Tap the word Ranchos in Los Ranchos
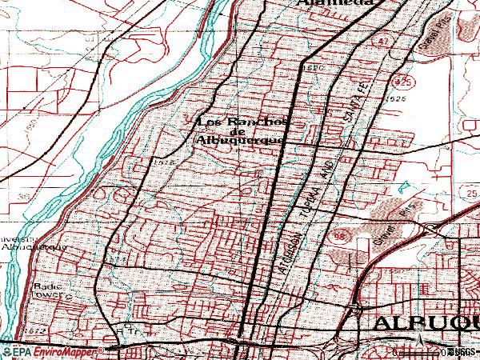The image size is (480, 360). click(263, 122)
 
